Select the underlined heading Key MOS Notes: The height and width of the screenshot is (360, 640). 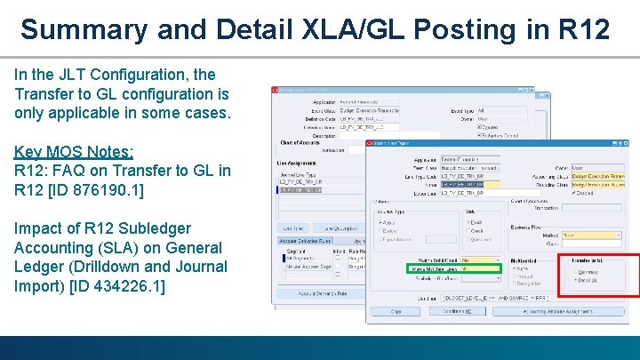point(74,151)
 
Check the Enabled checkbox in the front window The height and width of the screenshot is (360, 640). point(580,192)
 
